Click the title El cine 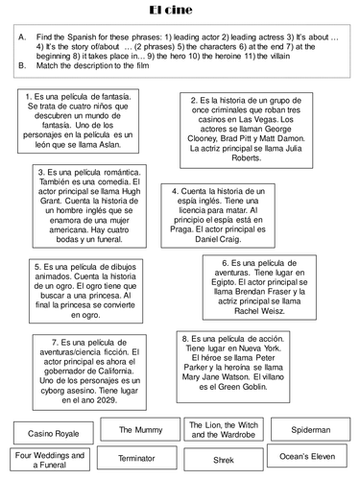point(180,10)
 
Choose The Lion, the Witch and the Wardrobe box point(223,429)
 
